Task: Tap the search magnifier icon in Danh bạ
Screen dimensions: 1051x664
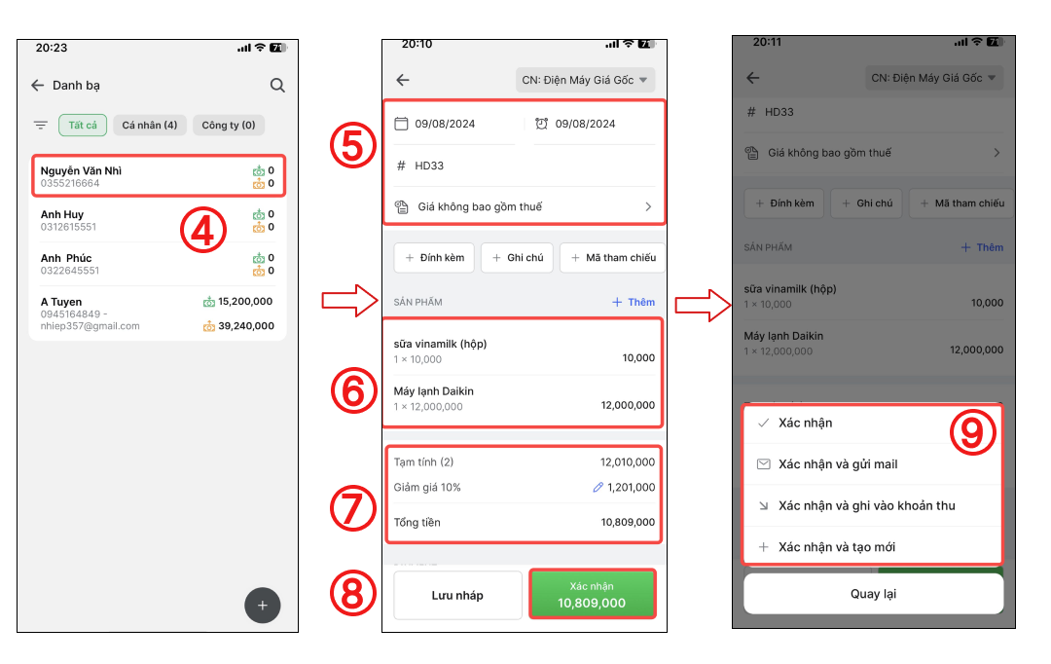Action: pos(277,85)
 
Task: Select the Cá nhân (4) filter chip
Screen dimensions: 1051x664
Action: pos(150,126)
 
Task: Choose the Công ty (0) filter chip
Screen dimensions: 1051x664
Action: pos(229,126)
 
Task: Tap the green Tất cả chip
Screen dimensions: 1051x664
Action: pos(83,126)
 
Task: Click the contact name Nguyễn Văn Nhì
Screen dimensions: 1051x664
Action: pos(81,170)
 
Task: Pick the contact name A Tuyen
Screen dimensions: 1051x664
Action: pos(61,302)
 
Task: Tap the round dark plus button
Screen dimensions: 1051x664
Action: pos(262,605)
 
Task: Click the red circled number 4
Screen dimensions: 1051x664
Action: pos(203,230)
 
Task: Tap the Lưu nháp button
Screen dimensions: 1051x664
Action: pos(457,595)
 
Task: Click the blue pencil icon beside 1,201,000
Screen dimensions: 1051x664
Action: pos(598,488)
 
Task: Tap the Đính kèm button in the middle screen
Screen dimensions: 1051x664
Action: pos(434,258)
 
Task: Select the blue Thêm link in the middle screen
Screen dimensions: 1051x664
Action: pos(634,303)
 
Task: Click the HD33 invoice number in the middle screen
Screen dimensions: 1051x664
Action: pos(429,166)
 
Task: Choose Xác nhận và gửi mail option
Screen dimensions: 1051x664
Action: pos(838,464)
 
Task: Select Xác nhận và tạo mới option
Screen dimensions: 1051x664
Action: pos(837,547)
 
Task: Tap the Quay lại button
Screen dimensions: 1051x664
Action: pos(873,594)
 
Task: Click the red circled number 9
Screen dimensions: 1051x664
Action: pos(972,431)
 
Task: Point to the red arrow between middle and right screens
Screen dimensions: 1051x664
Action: pos(703,305)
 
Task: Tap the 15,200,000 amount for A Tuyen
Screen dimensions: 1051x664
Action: pos(245,301)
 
